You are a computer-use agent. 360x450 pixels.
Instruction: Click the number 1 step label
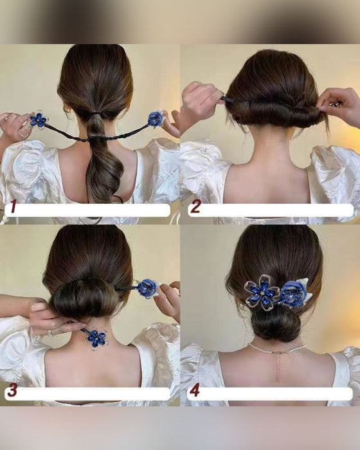tap(10, 208)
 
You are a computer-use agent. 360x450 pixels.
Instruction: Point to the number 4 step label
tap(195, 390)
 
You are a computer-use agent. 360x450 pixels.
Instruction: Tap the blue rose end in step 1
tap(155, 118)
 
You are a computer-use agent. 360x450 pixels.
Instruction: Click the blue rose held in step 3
tap(147, 288)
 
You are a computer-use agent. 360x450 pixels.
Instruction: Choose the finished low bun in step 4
tap(274, 325)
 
